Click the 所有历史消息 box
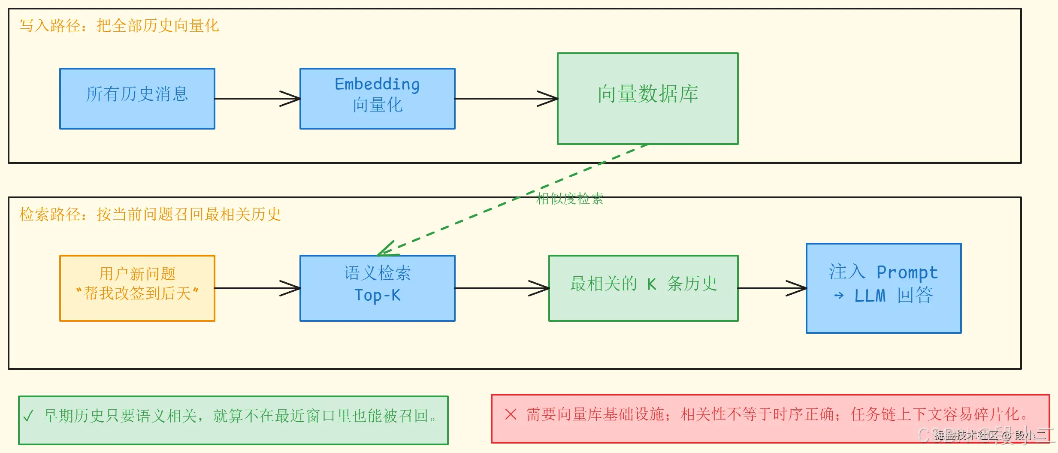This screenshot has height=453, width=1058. tap(137, 99)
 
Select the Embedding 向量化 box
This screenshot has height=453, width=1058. tap(378, 99)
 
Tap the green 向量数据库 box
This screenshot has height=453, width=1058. tap(648, 99)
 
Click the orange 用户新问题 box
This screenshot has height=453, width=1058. tap(137, 288)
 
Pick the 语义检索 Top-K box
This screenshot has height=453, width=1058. tap(378, 288)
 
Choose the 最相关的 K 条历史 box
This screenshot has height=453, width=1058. tap(644, 288)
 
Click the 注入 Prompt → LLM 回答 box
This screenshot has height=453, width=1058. tap(884, 288)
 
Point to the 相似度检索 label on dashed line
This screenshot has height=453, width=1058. tap(570, 199)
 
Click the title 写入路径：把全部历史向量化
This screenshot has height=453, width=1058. tap(119, 26)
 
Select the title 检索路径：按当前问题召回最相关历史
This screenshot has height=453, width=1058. tap(150, 214)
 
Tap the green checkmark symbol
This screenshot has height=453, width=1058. tap(28, 416)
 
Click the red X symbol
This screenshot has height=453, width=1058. tap(511, 414)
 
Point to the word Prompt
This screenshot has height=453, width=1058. tap(907, 272)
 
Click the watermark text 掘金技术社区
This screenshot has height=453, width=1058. tap(965, 436)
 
